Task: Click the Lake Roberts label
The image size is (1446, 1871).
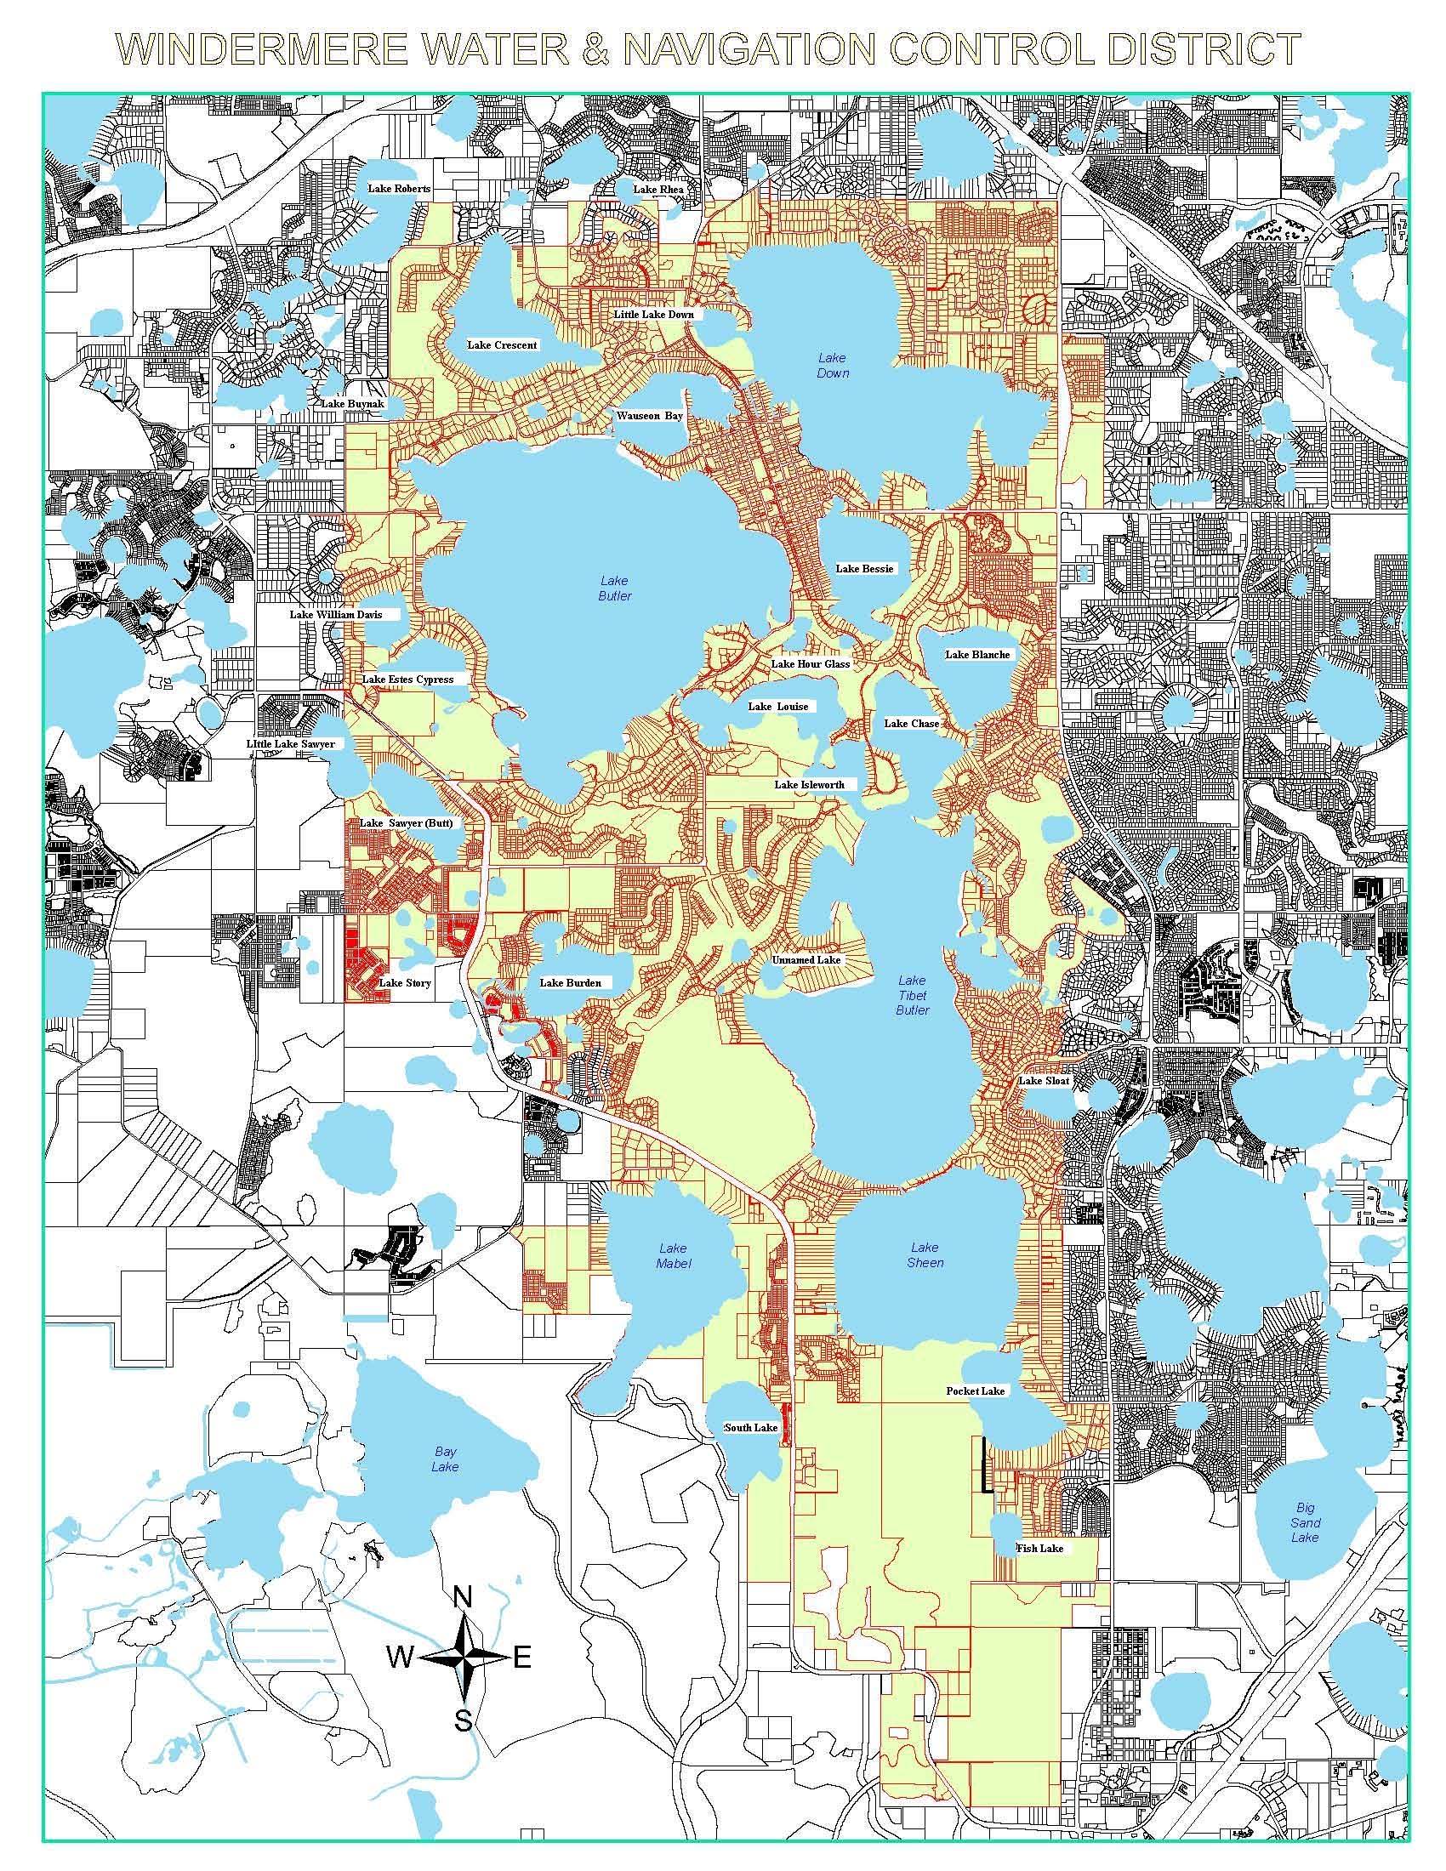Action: click(x=398, y=189)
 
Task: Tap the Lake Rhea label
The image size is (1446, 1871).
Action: click(x=657, y=190)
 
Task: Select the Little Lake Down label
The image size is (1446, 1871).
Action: click(x=653, y=315)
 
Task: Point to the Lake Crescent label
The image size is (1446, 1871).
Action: click(x=502, y=345)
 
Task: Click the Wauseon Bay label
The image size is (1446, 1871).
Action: click(x=650, y=416)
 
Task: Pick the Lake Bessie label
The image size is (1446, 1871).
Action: click(x=864, y=569)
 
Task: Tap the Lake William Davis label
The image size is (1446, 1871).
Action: click(x=335, y=614)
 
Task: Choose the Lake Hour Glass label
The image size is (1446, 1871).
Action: click(x=811, y=664)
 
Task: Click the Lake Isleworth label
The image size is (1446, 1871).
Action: click(x=810, y=785)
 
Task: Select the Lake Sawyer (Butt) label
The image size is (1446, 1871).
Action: click(x=405, y=823)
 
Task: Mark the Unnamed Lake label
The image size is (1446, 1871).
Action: click(x=806, y=960)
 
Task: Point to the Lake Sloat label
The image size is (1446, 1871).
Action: click(x=1044, y=1081)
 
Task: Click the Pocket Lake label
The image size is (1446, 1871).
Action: click(x=975, y=1391)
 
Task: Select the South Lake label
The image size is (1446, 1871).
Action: click(x=751, y=1428)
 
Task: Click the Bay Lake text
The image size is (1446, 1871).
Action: click(x=446, y=1459)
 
